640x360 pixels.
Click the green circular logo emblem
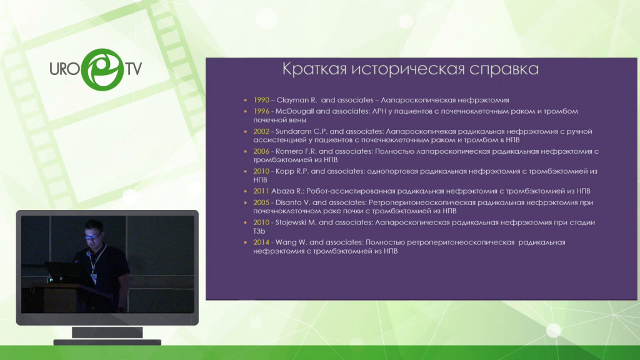(102, 69)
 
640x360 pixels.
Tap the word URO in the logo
(64, 69)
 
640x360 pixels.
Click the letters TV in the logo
(134, 69)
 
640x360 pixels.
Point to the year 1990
(261, 100)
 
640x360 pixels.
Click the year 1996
(261, 111)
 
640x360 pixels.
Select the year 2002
(261, 131)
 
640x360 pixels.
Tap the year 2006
(261, 151)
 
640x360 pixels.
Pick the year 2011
(261, 191)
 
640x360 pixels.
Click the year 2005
(261, 202)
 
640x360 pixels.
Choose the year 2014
(261, 242)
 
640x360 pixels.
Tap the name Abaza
(281, 191)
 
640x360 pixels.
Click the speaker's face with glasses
(94, 232)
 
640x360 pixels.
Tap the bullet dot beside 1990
(245, 100)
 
